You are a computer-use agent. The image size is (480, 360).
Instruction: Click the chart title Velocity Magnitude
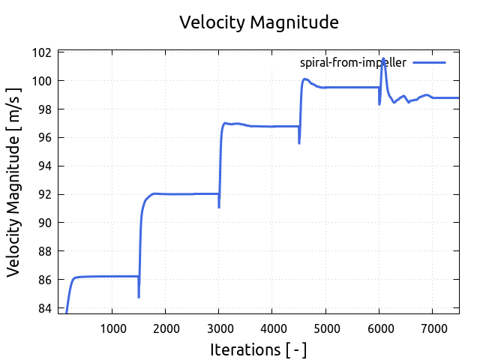[x=259, y=22]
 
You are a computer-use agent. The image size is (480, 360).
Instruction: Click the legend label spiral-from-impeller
[x=352, y=63]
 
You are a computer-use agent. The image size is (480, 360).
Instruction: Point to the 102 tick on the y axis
[x=43, y=52]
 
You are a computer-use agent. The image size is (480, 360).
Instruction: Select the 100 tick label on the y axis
[x=43, y=81]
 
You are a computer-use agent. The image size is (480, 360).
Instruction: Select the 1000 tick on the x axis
[x=112, y=327]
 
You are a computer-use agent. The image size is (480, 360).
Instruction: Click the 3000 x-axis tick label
[x=218, y=327]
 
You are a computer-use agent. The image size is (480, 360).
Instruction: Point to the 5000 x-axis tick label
[x=325, y=327]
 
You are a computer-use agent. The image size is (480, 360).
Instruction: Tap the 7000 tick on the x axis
[x=432, y=327]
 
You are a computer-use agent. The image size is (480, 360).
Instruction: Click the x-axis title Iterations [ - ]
[x=258, y=349]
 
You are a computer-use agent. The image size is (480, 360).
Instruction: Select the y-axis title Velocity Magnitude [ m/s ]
[x=15, y=181]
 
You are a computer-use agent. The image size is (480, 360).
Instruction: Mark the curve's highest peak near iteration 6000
[x=383, y=58]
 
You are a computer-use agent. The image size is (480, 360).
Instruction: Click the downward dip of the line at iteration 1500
[x=139, y=297]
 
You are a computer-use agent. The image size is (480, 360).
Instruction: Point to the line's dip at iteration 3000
[x=219, y=207]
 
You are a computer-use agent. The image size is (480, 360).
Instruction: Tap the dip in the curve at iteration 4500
[x=299, y=142]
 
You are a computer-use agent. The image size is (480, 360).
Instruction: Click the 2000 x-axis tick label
[x=165, y=327]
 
